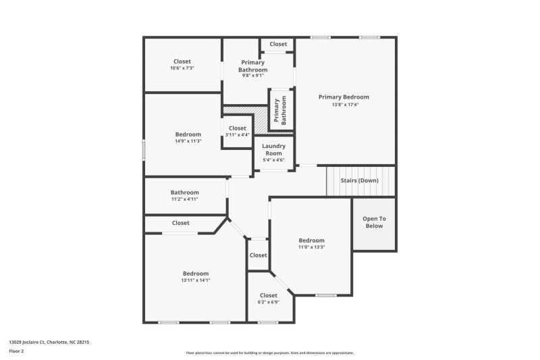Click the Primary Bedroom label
(344, 97)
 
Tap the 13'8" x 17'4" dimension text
(344, 105)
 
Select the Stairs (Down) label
(359, 180)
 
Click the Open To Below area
(374, 222)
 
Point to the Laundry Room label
(273, 149)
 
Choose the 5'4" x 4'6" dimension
(273, 160)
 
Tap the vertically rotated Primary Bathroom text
(279, 109)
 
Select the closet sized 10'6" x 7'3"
(182, 65)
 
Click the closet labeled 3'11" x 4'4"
(237, 131)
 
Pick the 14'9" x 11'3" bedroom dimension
(188, 140)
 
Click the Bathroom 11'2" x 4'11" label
(184, 196)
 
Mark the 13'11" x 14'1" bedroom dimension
(196, 280)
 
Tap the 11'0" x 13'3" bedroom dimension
(312, 247)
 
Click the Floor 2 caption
(16, 351)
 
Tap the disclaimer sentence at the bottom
(270, 353)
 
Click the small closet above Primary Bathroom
(278, 45)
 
